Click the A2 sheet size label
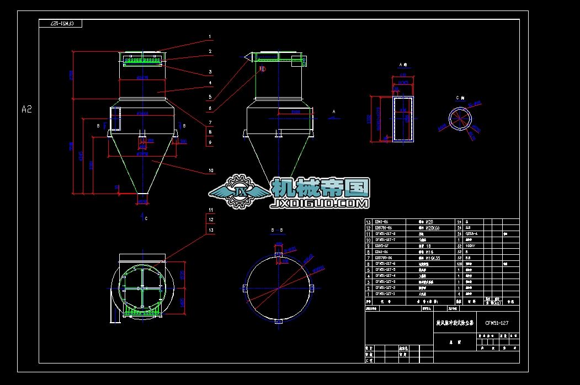[26, 109]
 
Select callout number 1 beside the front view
[210, 38]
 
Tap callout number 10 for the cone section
[210, 171]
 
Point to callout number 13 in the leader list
[210, 230]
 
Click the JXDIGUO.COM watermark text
[318, 204]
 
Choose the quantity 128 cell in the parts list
[459, 264]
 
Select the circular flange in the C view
[460, 118]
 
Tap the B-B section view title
[277, 229]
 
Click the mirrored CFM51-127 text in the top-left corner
[61, 24]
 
